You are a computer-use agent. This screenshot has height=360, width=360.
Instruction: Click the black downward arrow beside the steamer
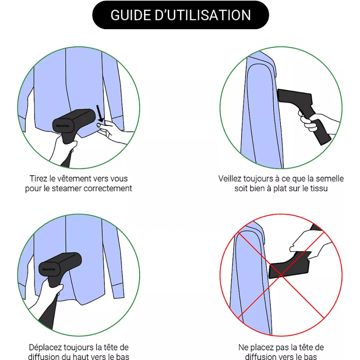[x=100, y=114]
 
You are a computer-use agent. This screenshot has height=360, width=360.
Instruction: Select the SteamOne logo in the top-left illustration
[x=62, y=126]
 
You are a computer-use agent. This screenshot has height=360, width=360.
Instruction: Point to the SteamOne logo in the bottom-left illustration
[x=49, y=269]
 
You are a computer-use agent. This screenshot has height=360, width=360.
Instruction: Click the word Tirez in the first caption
[x=38, y=179]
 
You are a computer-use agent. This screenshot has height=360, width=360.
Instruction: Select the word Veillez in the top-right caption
[x=230, y=179]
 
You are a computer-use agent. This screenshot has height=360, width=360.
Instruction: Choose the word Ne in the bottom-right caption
[x=243, y=347]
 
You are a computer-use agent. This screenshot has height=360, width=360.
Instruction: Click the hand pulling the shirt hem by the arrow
[x=112, y=132]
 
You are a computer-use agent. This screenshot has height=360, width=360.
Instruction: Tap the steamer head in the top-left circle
[x=74, y=121]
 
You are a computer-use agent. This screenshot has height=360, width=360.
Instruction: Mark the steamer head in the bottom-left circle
[x=60, y=264]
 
